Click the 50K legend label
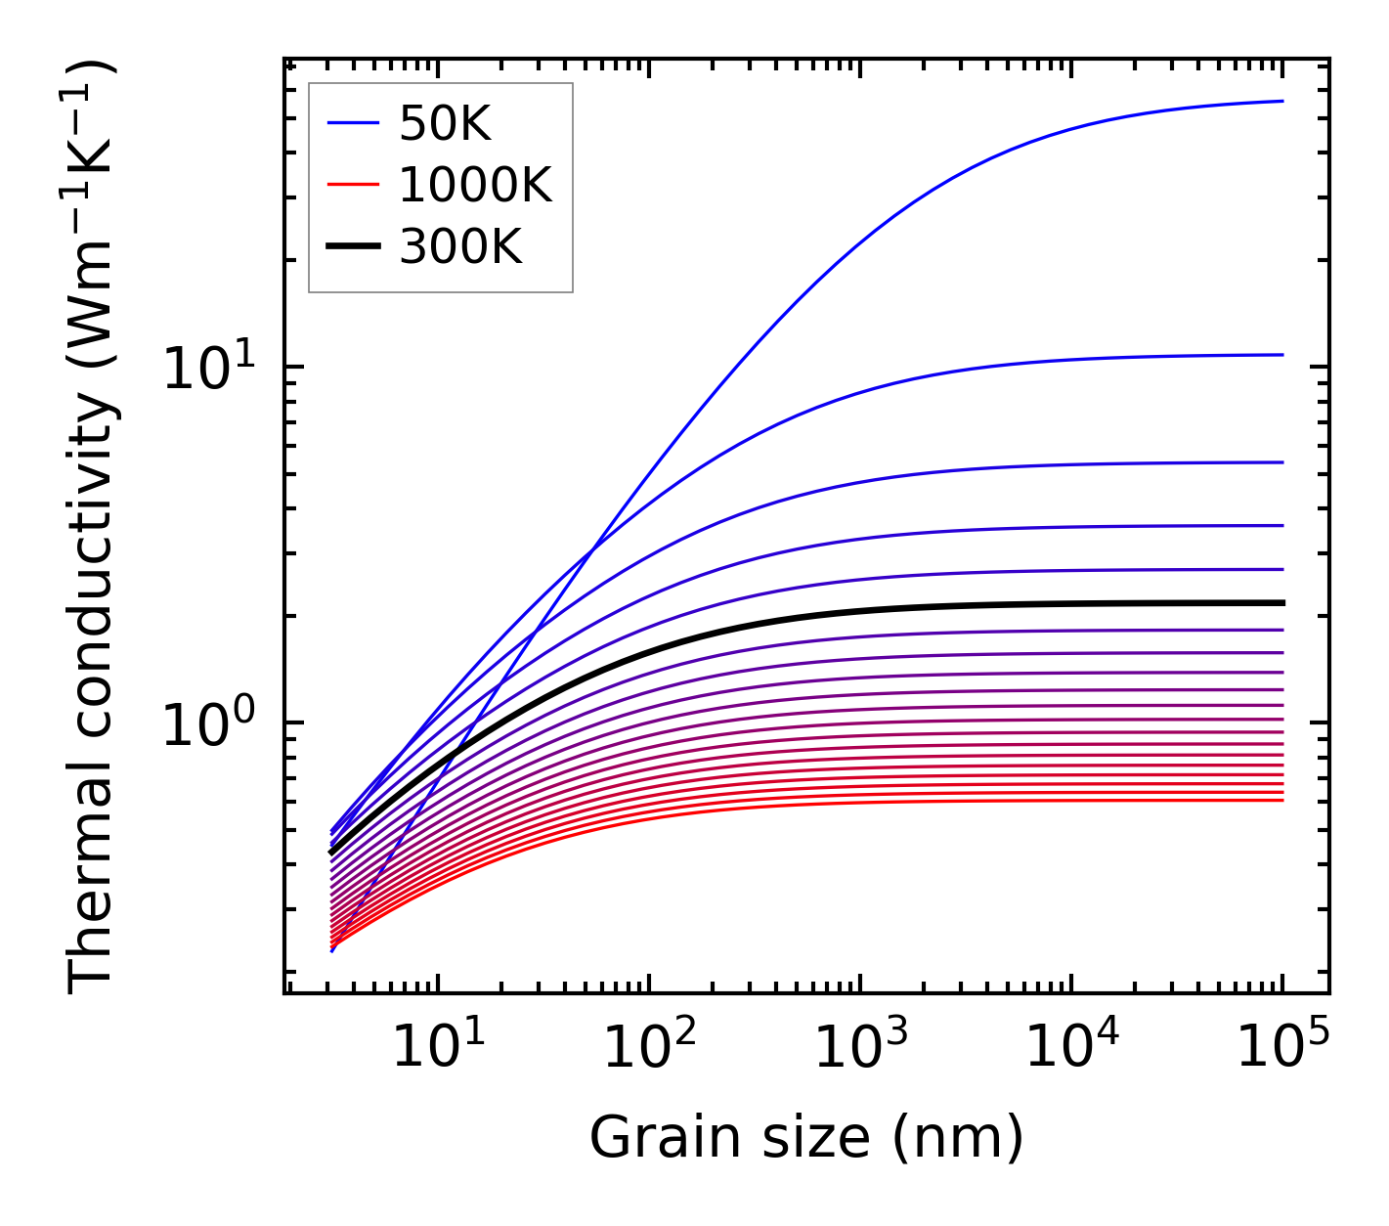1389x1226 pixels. (x=445, y=123)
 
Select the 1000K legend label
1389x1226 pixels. (x=475, y=185)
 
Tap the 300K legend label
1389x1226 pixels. (x=460, y=247)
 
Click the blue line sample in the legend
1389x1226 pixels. (x=352, y=123)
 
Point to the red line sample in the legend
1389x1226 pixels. (x=352, y=185)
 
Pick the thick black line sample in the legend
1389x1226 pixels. (x=352, y=247)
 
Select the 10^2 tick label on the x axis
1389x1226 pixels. (x=648, y=1048)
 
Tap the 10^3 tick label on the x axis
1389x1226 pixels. (x=859, y=1048)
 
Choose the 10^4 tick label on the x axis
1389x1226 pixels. (x=1071, y=1048)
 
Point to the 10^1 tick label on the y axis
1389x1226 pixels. (x=208, y=370)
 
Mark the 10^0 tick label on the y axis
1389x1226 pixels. (x=208, y=725)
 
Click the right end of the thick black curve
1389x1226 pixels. (x=1281, y=602)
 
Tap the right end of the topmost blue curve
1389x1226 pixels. (x=1281, y=101)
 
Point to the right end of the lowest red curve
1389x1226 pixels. (x=1281, y=800)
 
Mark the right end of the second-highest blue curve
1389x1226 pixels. (x=1281, y=355)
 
